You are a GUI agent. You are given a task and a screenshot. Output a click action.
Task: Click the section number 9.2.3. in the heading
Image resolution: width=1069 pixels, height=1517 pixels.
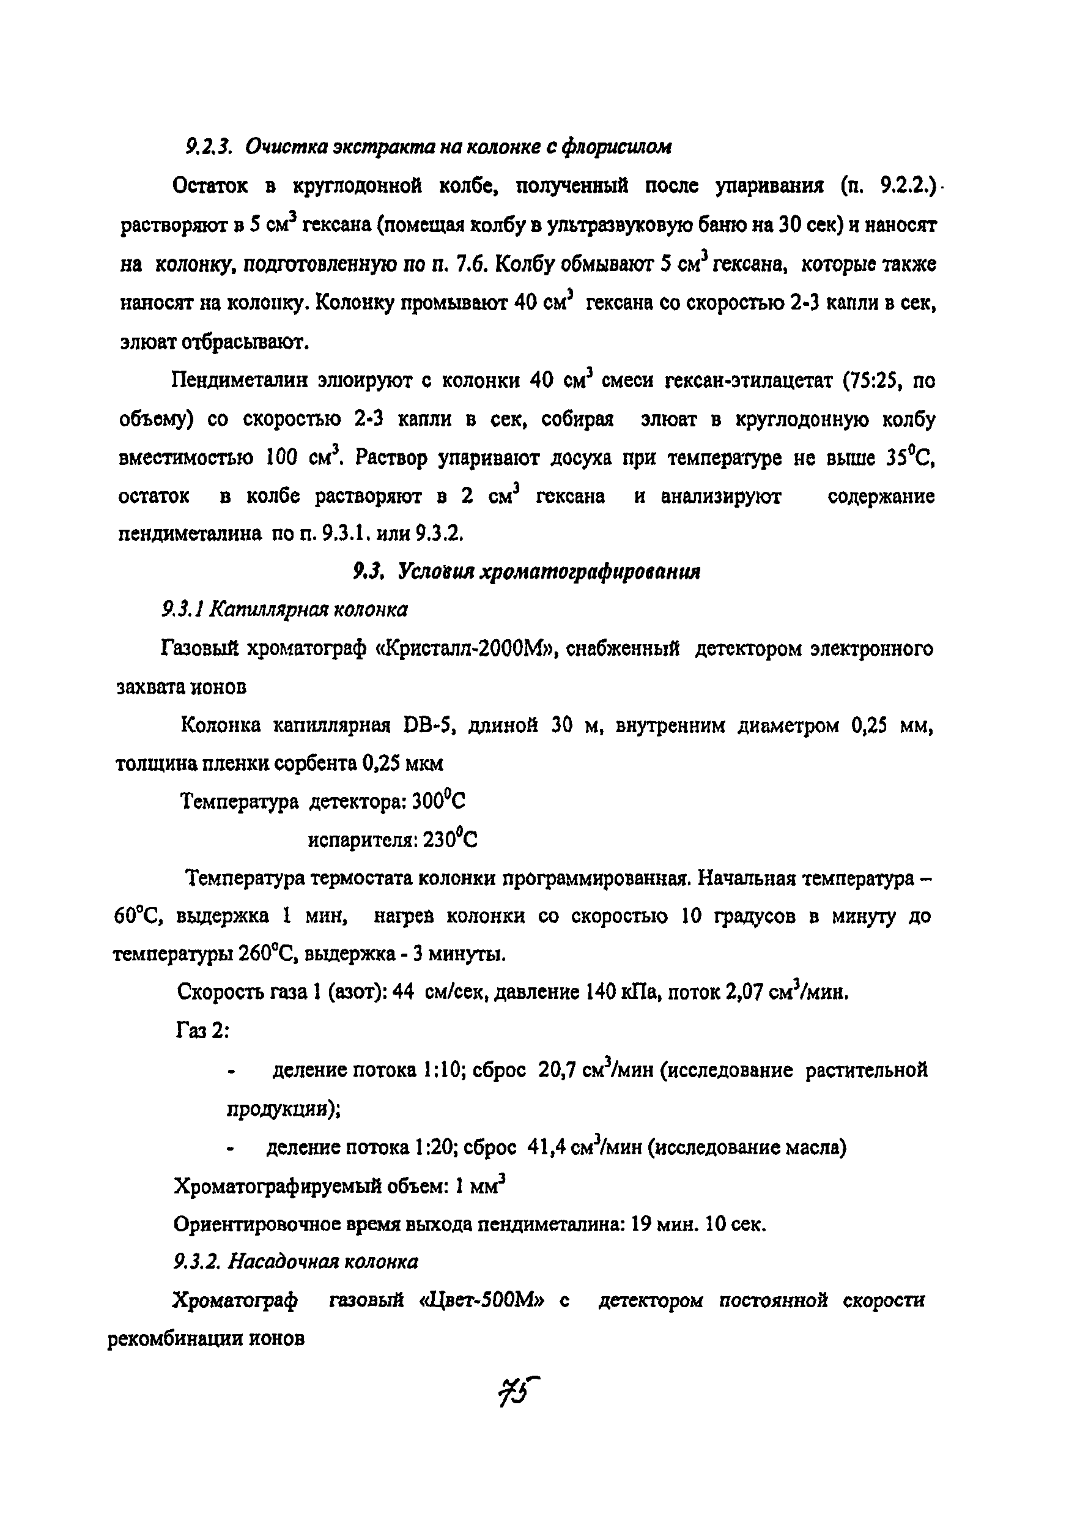[x=207, y=147]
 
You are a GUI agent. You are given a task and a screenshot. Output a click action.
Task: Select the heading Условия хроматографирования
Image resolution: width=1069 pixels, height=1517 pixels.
[x=550, y=571]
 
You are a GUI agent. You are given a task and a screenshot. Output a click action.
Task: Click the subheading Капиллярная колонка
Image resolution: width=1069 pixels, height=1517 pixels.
[x=308, y=609]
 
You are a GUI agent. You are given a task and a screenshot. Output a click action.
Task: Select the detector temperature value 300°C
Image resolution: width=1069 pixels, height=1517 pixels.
[x=438, y=801]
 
